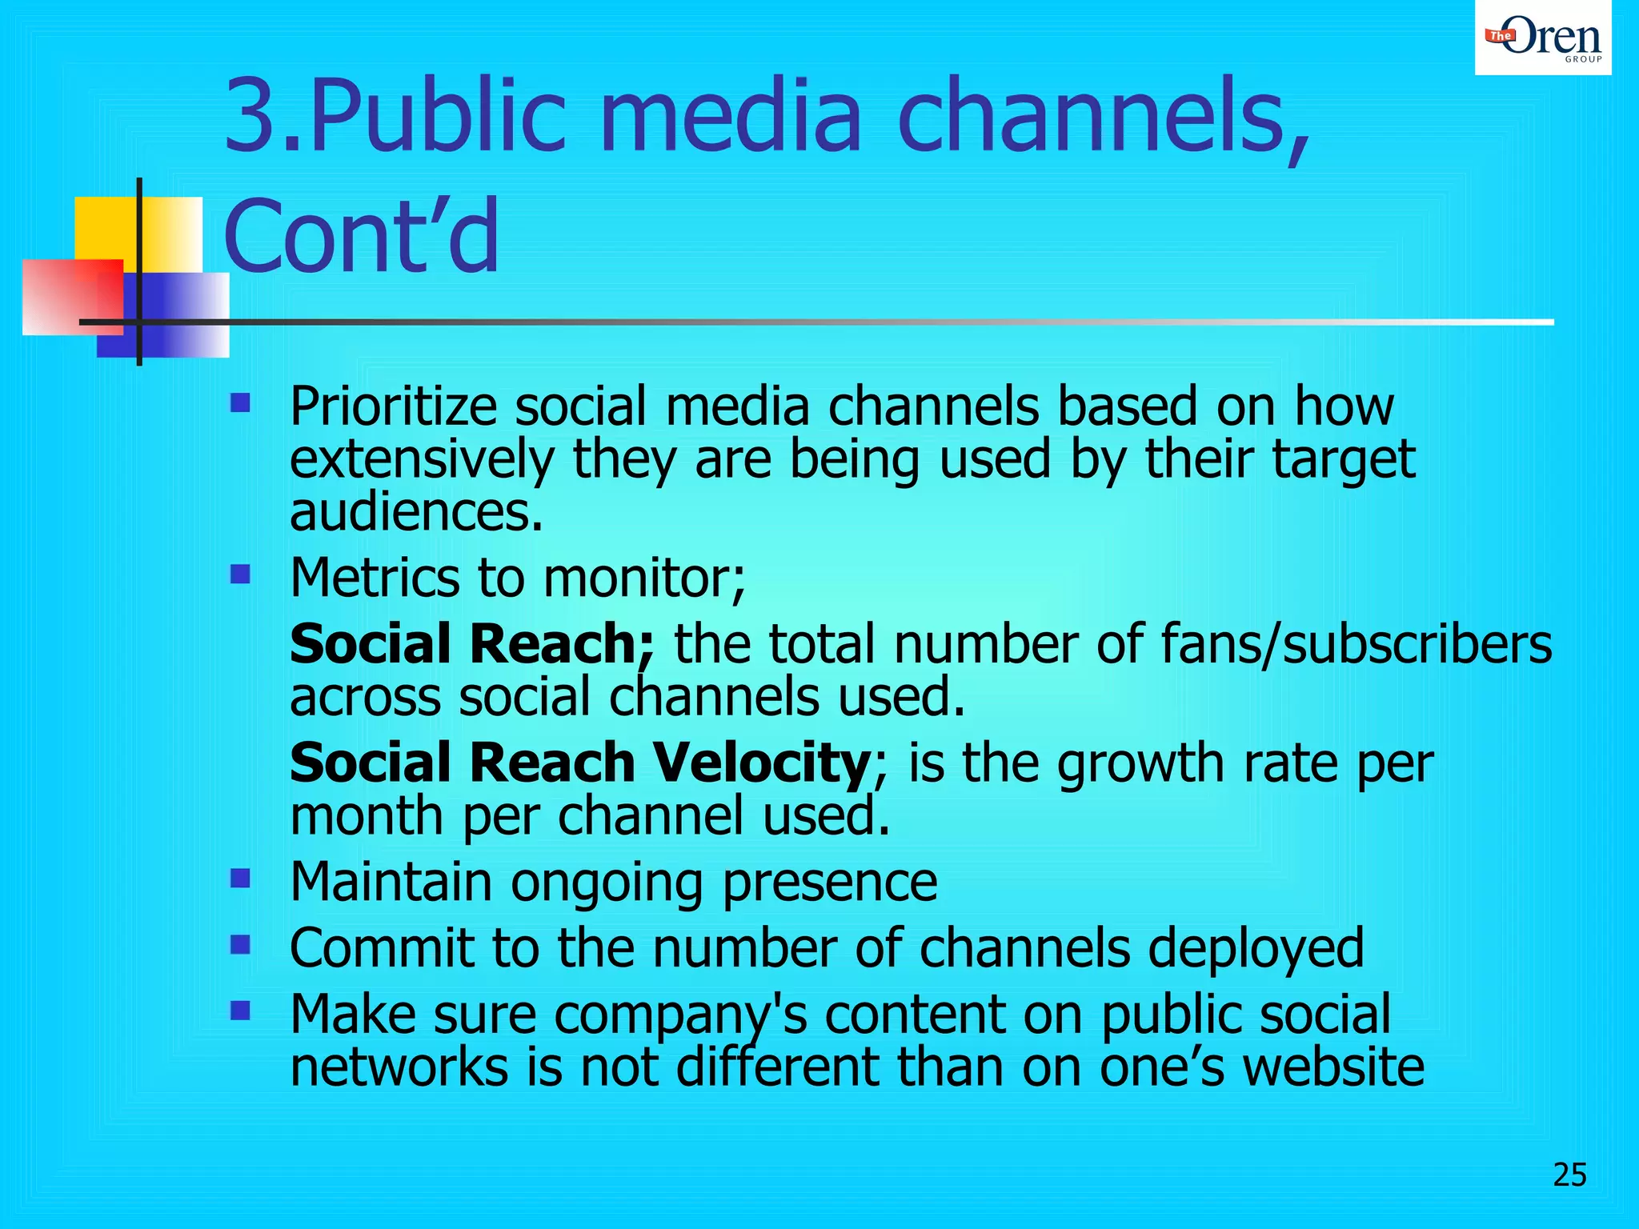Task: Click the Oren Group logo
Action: point(1542,38)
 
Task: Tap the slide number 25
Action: point(1569,1175)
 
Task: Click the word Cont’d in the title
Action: point(362,236)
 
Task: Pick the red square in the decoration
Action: point(72,296)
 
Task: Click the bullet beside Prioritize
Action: point(240,402)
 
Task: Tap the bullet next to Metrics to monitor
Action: point(240,574)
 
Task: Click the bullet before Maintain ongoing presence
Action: point(240,879)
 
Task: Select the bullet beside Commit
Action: point(240,945)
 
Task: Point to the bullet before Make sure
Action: point(240,1011)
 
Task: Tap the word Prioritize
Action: point(393,406)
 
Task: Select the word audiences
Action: point(416,512)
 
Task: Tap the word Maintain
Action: point(391,882)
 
